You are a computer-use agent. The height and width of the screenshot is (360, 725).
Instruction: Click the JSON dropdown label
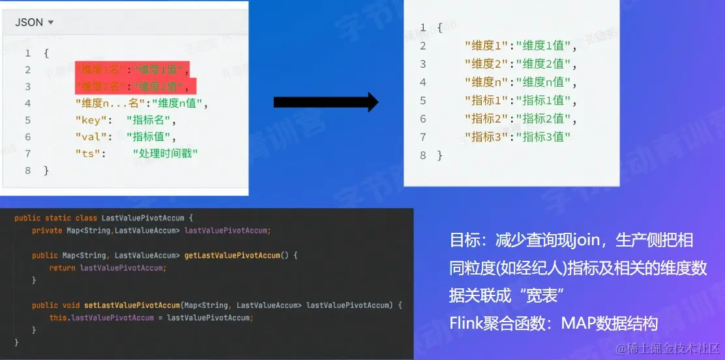pyautogui.click(x=29, y=22)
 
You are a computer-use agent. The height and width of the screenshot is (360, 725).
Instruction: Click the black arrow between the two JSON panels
pyautogui.click(x=325, y=102)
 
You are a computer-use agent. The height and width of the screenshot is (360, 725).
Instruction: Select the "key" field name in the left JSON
pyautogui.click(x=88, y=120)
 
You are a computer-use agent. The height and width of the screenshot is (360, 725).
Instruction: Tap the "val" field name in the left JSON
pyautogui.click(x=88, y=137)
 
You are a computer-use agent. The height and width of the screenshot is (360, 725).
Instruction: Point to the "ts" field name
pyautogui.click(x=85, y=154)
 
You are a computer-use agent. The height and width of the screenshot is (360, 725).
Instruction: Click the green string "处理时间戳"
pyautogui.click(x=165, y=154)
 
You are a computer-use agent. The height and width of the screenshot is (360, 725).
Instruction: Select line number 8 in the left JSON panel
pyautogui.click(x=27, y=170)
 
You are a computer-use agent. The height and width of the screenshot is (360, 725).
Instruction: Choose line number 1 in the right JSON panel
pyautogui.click(x=422, y=28)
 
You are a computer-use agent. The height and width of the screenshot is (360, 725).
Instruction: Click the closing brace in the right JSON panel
pyautogui.click(x=439, y=155)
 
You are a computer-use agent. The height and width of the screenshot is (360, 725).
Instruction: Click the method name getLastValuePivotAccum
pyautogui.click(x=232, y=255)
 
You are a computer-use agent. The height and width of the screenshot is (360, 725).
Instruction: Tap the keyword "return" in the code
pyautogui.click(x=63, y=267)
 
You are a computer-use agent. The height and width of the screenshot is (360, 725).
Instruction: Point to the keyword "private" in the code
pyautogui.click(x=46, y=230)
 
